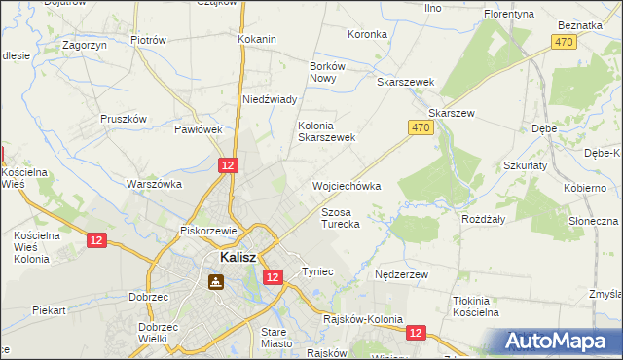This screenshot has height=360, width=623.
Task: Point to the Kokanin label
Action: point(257,39)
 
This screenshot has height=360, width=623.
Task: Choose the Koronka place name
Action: point(367,34)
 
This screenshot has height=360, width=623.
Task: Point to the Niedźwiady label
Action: point(269,99)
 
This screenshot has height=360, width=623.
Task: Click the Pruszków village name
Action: point(123,119)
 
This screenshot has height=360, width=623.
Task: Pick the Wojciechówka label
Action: point(346,185)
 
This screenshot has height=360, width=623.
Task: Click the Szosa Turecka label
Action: point(341,217)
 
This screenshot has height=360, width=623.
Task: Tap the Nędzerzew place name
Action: point(402,275)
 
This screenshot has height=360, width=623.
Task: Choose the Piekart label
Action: point(48,310)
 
